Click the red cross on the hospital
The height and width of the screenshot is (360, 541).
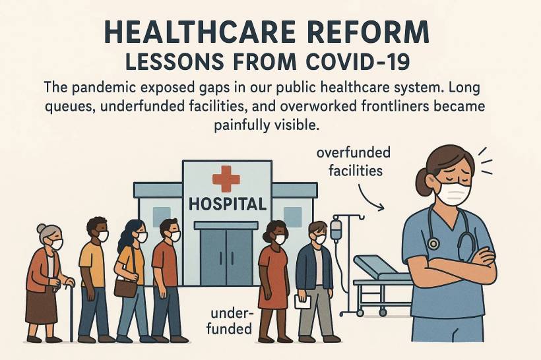point(226,179)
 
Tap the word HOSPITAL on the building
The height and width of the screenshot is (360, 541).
point(228,204)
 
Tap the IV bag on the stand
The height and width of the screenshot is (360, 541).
point(336,229)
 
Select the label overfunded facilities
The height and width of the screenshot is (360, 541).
point(354,162)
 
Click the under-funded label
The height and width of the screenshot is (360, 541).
point(230,321)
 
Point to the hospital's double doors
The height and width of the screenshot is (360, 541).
point(226,257)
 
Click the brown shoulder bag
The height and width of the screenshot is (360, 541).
point(125,287)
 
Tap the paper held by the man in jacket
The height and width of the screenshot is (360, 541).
point(303,302)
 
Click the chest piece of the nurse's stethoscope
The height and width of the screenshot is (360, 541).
point(433,244)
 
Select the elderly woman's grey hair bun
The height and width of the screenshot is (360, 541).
point(42,228)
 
